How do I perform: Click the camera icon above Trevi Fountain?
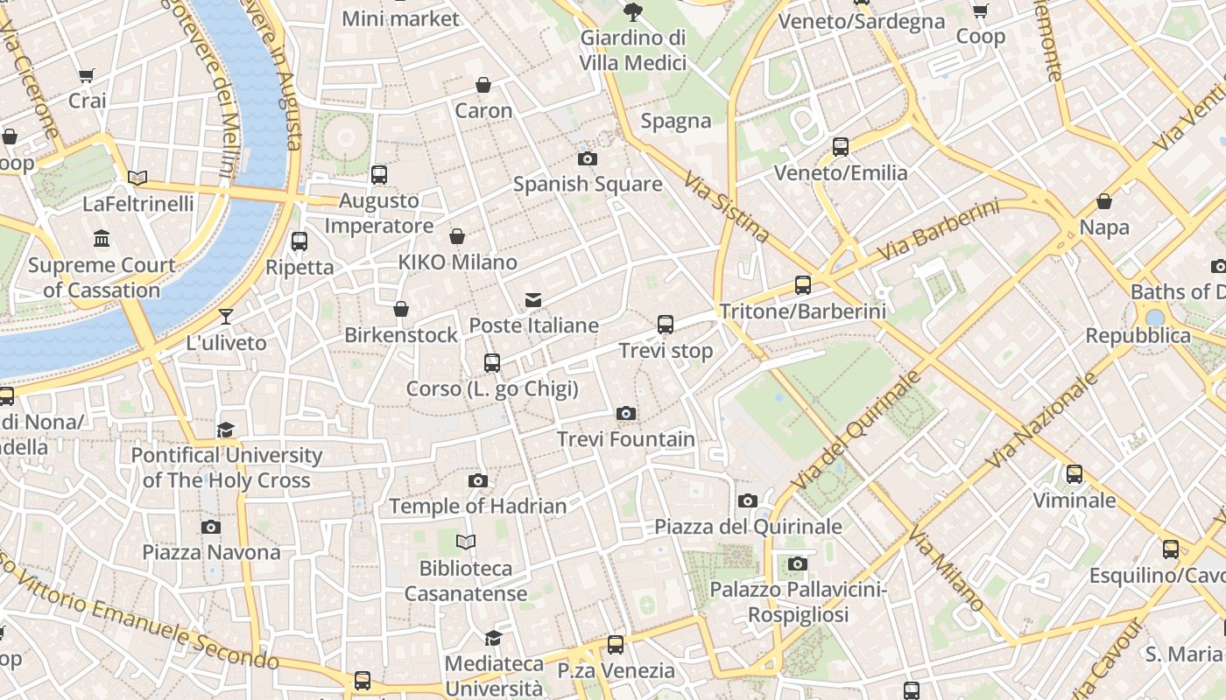[x=625, y=413]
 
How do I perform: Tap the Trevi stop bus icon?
[x=666, y=325]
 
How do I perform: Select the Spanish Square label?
[x=588, y=184]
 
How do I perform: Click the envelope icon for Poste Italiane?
[x=532, y=300]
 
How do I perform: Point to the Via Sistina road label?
[x=727, y=207]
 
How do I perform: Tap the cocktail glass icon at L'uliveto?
[x=226, y=316]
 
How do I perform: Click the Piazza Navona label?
[x=211, y=552]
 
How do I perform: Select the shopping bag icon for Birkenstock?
[x=401, y=309]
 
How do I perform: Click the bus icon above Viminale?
[x=1075, y=474]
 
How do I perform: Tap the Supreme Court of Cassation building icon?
[x=102, y=238]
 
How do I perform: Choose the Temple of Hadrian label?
[x=477, y=506]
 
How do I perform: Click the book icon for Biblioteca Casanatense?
[x=466, y=542]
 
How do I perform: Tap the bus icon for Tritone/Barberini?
[x=802, y=284]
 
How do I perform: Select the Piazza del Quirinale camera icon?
[x=747, y=500]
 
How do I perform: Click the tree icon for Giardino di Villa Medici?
[x=632, y=11]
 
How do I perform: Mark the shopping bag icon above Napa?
[x=1104, y=201]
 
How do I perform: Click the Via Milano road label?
[x=948, y=568]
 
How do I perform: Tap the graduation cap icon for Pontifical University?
[x=226, y=429]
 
